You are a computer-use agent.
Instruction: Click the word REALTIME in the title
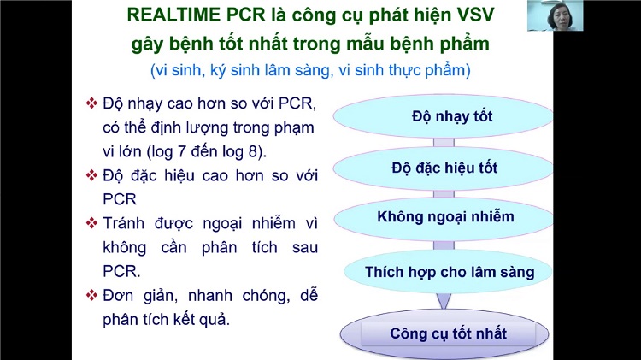point(174,15)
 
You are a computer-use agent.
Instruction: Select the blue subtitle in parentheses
point(311,70)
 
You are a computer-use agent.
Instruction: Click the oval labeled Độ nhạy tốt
point(443,116)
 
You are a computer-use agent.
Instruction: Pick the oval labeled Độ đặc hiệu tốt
point(443,168)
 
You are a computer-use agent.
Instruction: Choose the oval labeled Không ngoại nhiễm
point(444,218)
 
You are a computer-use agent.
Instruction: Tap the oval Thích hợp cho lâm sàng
point(449,272)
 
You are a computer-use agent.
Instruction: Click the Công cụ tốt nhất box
point(449,333)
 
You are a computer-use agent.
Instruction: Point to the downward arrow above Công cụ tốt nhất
point(444,301)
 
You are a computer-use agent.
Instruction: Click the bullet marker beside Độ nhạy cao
point(91,103)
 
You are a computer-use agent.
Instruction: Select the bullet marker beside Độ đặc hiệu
point(91,175)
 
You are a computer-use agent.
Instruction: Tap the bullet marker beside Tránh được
point(91,223)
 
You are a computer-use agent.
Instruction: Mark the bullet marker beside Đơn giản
point(91,295)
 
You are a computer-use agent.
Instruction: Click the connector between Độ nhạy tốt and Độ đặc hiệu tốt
point(444,142)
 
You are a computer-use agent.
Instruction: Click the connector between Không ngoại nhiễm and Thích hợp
point(444,245)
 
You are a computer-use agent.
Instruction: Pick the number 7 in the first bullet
point(182,151)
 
